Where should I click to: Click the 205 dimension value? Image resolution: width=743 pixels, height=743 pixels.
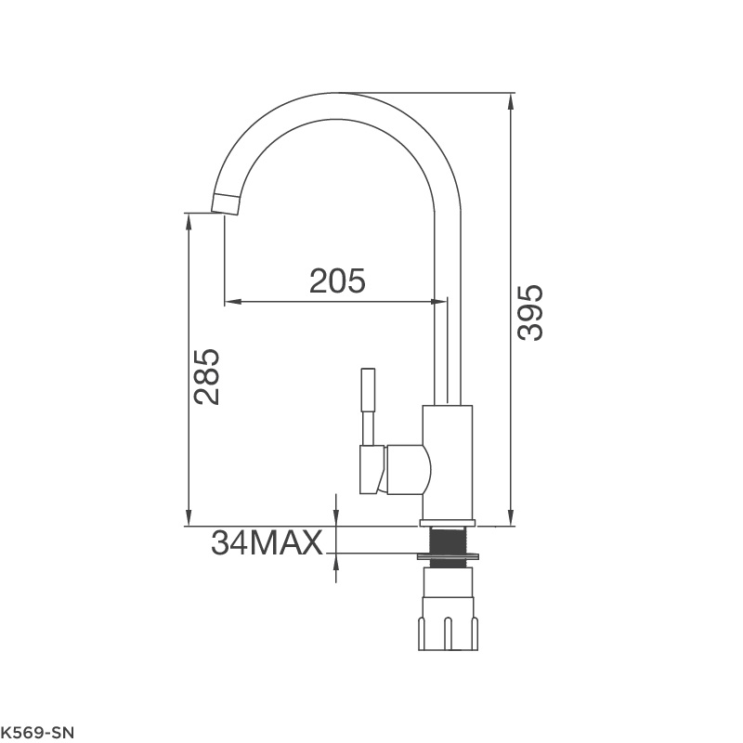pos(337,280)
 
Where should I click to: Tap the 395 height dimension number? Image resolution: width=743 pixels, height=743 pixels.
pos(529,312)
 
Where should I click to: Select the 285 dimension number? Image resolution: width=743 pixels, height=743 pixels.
pos(207,377)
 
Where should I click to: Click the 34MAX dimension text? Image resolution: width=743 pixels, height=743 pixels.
pos(267,542)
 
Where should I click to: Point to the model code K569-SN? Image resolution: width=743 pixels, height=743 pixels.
pos(37,733)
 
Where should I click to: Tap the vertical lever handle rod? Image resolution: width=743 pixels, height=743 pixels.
pos(368,407)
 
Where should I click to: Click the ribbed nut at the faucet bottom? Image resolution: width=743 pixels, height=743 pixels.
pos(448,632)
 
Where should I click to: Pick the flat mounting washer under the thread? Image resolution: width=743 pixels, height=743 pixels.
pos(448,556)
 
